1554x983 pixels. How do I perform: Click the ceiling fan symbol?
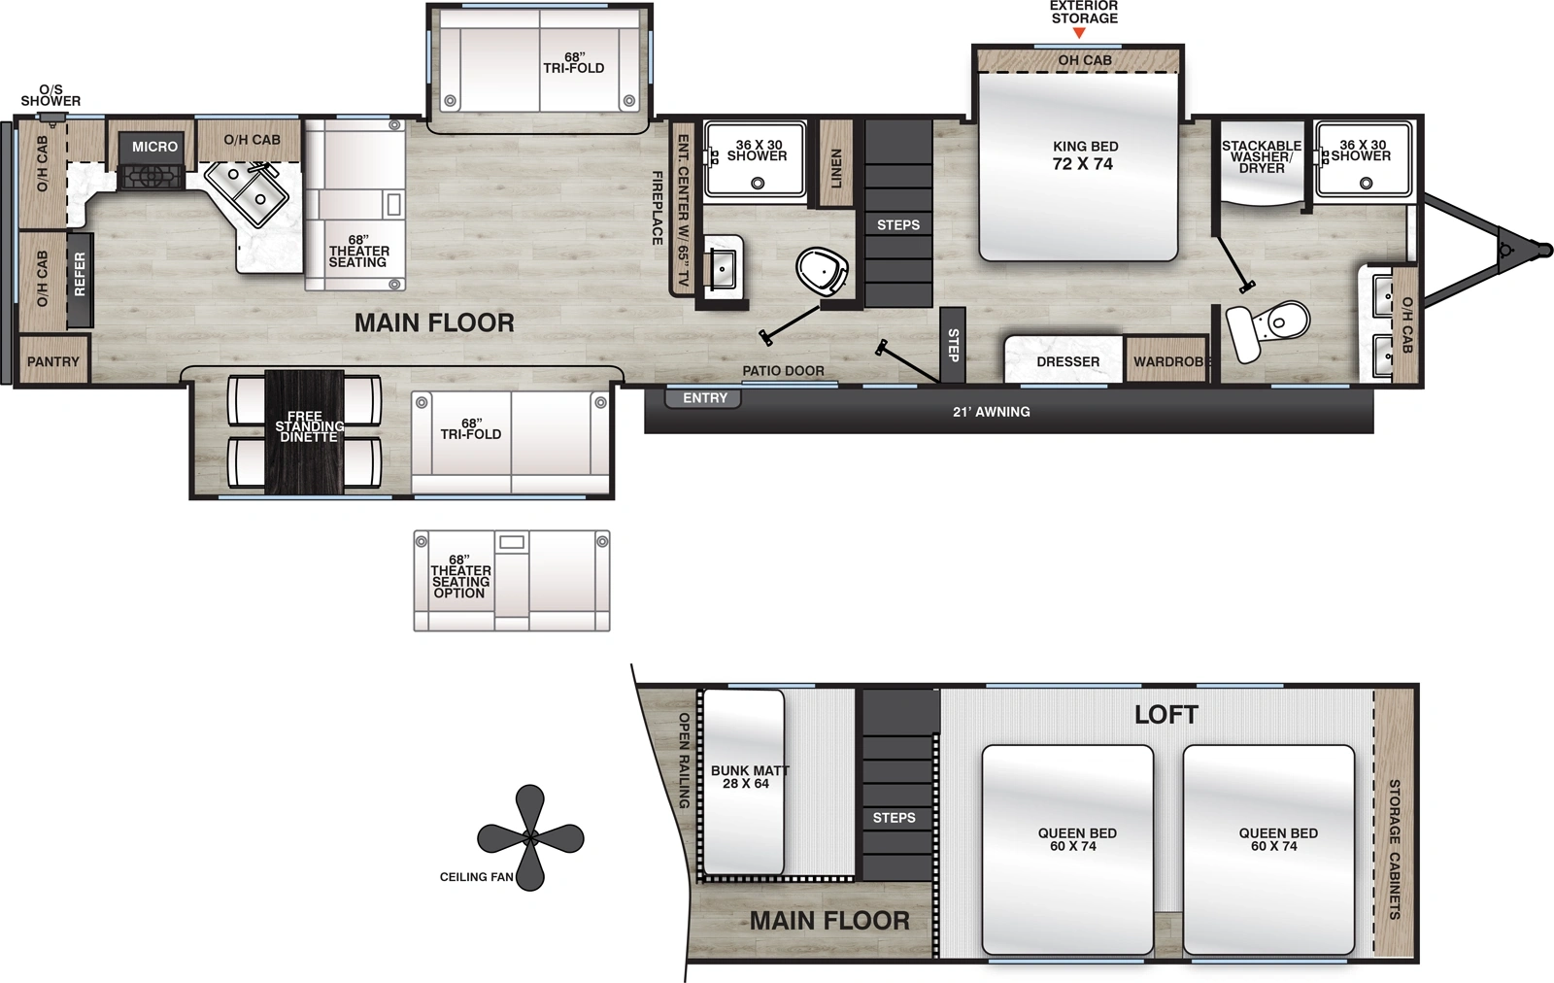pos(530,837)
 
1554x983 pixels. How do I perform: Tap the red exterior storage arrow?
pos(1078,34)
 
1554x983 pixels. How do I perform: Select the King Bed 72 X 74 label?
pos(1085,155)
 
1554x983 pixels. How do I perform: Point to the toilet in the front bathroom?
pos(1270,326)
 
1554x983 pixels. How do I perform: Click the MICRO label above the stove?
pos(155,147)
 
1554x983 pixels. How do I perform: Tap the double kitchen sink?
pos(247,191)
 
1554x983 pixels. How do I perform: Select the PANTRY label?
pos(53,361)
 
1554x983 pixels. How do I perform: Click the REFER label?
pos(80,274)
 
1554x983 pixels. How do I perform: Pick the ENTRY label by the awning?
pos(704,398)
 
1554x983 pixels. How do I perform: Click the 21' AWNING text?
pos(991,412)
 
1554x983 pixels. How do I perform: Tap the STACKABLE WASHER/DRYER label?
pos(1261,156)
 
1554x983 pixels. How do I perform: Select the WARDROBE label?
pos(1170,361)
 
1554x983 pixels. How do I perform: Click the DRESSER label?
pos(1067,361)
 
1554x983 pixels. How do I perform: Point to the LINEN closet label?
pos(836,168)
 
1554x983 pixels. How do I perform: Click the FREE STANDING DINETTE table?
pos(305,427)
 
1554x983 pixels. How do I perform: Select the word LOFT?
pos(1165,715)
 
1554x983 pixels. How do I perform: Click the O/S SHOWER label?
pos(51,95)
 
